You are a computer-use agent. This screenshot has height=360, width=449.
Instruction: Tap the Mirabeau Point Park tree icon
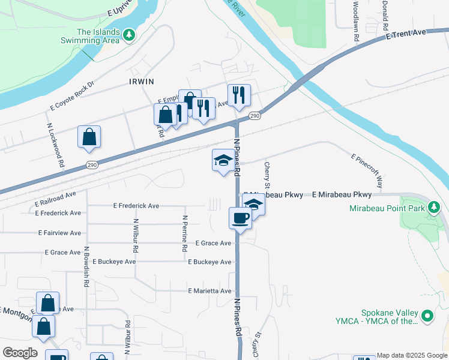pos(434,208)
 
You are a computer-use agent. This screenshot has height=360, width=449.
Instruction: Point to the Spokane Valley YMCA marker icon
pos(427,315)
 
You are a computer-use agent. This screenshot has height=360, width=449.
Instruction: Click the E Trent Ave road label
pos(406,35)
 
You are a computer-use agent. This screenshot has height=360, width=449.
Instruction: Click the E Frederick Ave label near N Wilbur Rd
pos(136,206)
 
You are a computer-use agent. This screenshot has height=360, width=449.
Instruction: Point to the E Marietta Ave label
pos(209,291)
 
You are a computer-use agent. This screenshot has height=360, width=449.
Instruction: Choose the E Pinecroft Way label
pos(366,171)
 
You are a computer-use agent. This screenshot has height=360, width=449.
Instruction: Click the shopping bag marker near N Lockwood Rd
pos(89,137)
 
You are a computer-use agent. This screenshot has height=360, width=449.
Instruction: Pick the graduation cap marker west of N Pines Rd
pos(223,160)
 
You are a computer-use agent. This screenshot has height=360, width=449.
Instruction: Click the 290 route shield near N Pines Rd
pos(255,116)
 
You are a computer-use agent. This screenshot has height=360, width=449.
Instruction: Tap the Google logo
pos(20,353)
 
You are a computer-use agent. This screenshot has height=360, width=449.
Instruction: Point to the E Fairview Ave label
pos(59,232)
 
